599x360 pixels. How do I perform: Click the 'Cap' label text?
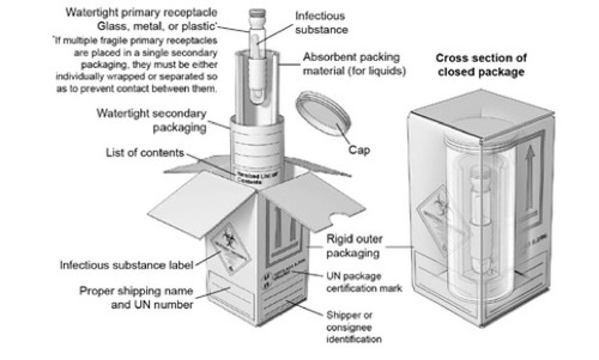tap(359, 150)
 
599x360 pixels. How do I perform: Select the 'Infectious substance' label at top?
tap(321, 23)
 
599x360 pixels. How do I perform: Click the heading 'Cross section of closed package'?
tap(481, 65)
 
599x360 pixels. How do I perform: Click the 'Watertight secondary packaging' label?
tap(152, 120)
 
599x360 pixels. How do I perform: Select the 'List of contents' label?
tap(145, 153)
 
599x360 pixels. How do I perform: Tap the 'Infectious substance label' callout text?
tap(126, 265)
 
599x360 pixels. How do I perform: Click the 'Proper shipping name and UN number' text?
tap(136, 298)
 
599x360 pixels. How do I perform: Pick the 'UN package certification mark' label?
tap(364, 282)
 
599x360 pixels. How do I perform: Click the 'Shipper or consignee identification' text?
tap(354, 327)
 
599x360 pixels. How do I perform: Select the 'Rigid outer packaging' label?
tap(354, 246)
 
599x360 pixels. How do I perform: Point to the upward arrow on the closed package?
tap(530, 175)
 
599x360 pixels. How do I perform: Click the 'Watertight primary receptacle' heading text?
tap(141, 12)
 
